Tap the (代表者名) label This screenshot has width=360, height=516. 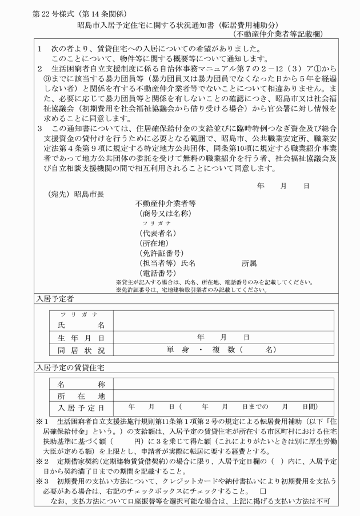pyautogui.click(x=157, y=233)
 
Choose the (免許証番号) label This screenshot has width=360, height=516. pyautogui.click(x=161, y=253)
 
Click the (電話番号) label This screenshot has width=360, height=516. pyautogui.click(x=157, y=273)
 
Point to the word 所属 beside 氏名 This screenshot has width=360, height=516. pyautogui.click(x=249, y=263)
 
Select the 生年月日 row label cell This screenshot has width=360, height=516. pyautogui.click(x=81, y=337)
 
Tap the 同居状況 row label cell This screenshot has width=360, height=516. pyautogui.click(x=81, y=349)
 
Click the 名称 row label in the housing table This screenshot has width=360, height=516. pyautogui.click(x=81, y=384)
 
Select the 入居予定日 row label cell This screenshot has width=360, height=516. pyautogui.click(x=81, y=407)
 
